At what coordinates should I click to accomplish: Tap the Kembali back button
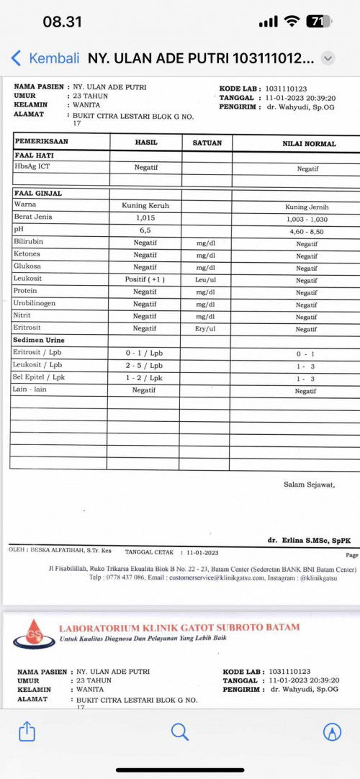(45, 58)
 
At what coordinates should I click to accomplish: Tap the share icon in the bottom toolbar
(27, 731)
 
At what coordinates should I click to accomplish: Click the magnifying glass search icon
(179, 731)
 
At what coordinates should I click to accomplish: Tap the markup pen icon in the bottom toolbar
(332, 731)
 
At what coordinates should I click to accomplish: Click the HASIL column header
(145, 143)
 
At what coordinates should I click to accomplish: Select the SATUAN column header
(207, 143)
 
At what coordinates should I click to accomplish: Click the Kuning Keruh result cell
(145, 205)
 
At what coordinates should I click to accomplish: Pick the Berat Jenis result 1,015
(145, 217)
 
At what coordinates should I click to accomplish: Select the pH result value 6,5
(145, 230)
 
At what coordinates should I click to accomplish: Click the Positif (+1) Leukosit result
(145, 279)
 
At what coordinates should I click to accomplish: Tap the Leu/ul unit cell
(207, 279)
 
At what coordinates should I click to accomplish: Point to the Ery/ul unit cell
(207, 328)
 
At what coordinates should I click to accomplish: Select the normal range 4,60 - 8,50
(307, 232)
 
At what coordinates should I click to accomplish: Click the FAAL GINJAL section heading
(38, 193)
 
